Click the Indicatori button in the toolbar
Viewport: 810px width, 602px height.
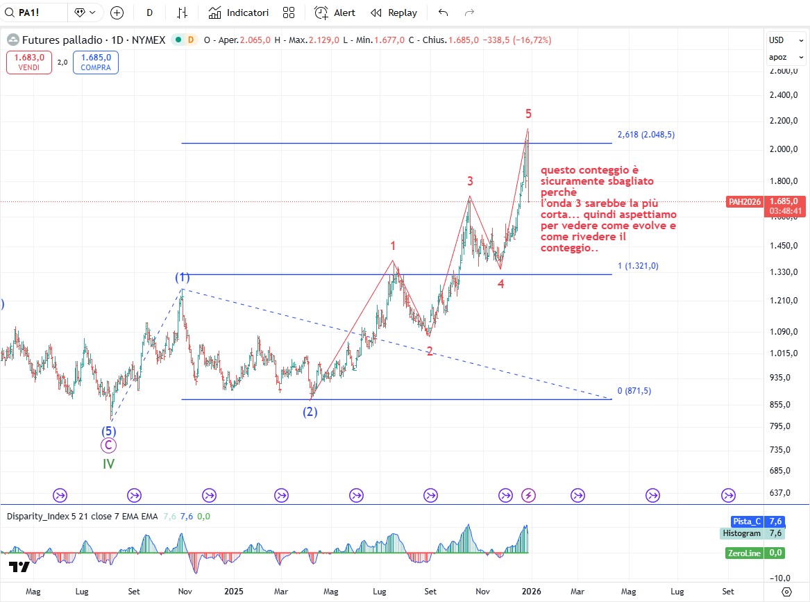pyautogui.click(x=238, y=12)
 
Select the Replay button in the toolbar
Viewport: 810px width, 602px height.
pyautogui.click(x=394, y=12)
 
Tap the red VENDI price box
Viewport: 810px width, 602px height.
pyautogui.click(x=28, y=62)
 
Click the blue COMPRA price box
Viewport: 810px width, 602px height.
pyautogui.click(x=95, y=62)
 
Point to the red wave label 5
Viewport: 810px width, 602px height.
pyautogui.click(x=528, y=114)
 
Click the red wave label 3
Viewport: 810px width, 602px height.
pyautogui.click(x=470, y=181)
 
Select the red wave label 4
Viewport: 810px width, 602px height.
pyautogui.click(x=500, y=283)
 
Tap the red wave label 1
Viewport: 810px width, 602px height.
pyautogui.click(x=393, y=246)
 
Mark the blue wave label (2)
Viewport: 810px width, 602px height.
pyautogui.click(x=310, y=412)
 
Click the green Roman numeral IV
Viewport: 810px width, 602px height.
pyautogui.click(x=108, y=464)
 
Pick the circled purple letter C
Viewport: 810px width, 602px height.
pyautogui.click(x=108, y=446)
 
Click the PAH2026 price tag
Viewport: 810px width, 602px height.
pyautogui.click(x=744, y=202)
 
